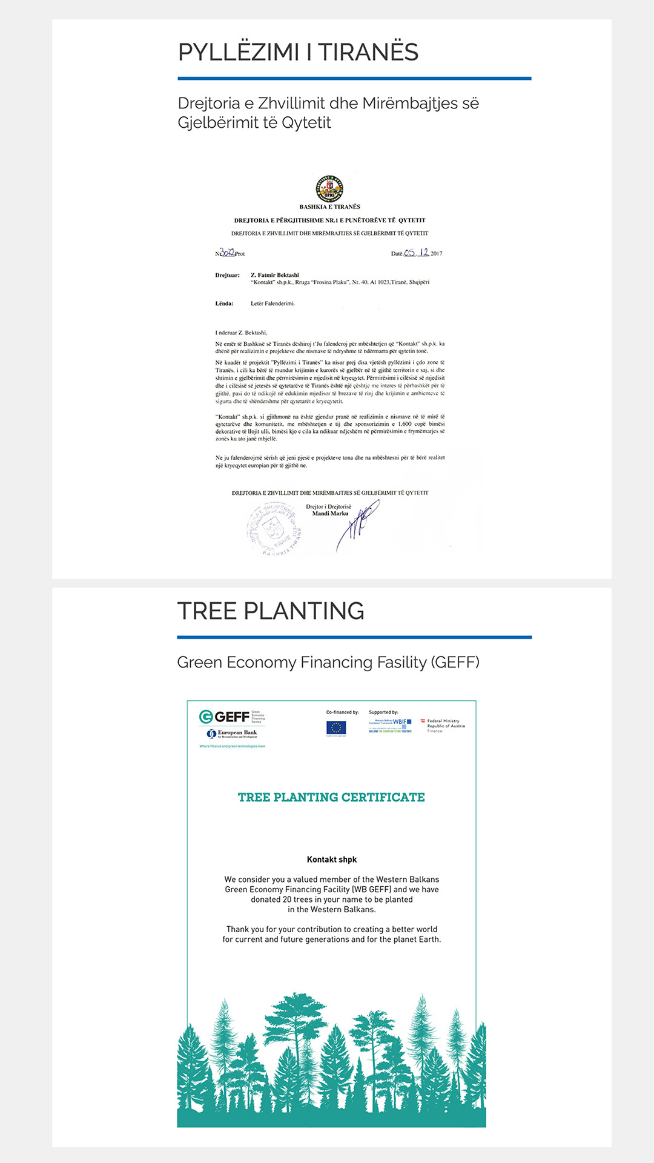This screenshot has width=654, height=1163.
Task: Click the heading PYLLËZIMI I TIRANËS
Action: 298,52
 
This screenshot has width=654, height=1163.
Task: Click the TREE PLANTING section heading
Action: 271,611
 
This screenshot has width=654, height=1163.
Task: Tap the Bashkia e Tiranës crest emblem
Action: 330,188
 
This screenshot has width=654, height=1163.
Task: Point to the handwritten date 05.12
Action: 417,253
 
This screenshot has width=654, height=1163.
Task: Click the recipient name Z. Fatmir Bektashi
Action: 275,275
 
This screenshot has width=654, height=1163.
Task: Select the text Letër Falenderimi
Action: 272,303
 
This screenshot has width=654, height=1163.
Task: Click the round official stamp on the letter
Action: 274,528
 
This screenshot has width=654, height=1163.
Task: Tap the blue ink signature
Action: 358,524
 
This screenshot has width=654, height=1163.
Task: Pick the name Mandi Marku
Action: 330,514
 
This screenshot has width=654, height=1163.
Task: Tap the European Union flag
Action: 336,727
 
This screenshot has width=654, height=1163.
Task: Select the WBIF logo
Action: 391,725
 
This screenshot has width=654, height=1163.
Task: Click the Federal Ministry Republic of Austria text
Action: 445,726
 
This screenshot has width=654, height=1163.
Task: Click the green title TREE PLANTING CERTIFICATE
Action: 331,797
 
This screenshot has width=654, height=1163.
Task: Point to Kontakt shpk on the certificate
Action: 332,860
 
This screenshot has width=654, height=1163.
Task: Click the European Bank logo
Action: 233,734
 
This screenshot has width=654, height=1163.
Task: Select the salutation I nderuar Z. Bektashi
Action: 241,333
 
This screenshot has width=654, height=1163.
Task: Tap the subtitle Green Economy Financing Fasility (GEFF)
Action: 328,662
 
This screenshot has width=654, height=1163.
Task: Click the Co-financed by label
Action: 343,712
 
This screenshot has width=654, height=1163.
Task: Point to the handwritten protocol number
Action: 227,252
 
